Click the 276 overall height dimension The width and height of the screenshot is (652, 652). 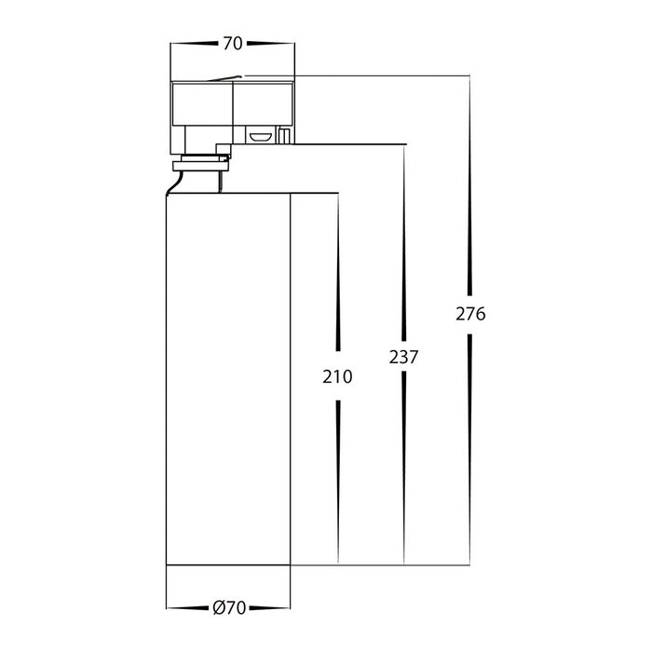pyautogui.click(x=470, y=314)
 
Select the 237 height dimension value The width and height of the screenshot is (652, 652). pyautogui.click(x=403, y=357)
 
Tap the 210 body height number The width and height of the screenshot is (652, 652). pyautogui.click(x=337, y=376)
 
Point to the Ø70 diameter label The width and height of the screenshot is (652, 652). pyautogui.click(x=229, y=608)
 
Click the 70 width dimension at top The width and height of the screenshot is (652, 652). pyautogui.click(x=233, y=44)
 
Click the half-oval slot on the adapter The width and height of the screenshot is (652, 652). pyautogui.click(x=260, y=136)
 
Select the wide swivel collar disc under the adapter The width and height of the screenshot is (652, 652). pyautogui.click(x=201, y=166)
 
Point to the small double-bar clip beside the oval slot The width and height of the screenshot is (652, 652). pyautogui.click(x=284, y=136)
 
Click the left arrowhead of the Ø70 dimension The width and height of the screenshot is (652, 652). pyautogui.click(x=187, y=608)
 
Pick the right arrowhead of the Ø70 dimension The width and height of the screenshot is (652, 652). pyautogui.click(x=269, y=608)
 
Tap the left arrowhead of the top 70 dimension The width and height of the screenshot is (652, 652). pyautogui.click(x=194, y=43)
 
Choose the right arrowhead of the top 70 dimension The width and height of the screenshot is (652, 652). pyautogui.click(x=271, y=43)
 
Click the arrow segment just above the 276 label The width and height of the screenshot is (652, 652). pyautogui.click(x=469, y=186)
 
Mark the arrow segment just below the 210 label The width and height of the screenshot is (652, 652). pyautogui.click(x=338, y=482)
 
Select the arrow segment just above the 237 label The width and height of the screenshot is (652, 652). pyautogui.click(x=403, y=243)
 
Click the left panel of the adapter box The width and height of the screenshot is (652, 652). pyautogui.click(x=202, y=103)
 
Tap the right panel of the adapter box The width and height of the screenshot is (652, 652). pyautogui.click(x=264, y=103)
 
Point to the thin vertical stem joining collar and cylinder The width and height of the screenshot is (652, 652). pyautogui.click(x=220, y=182)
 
